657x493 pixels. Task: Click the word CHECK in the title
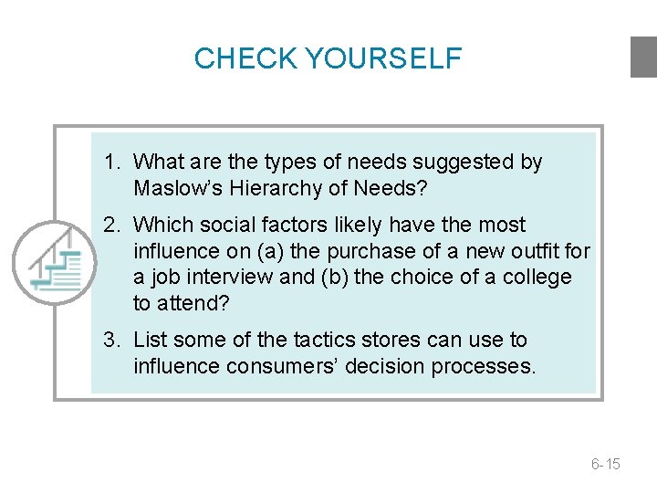tap(246, 58)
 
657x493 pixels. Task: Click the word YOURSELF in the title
tap(383, 58)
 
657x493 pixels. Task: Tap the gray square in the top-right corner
tap(643, 57)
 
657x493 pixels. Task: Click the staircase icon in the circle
tap(55, 263)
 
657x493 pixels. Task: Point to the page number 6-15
tap(605, 464)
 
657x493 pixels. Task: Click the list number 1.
tap(110, 163)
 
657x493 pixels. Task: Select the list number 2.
tap(110, 225)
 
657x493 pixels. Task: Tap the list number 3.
tap(110, 341)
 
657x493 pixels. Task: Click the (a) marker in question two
tap(271, 251)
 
